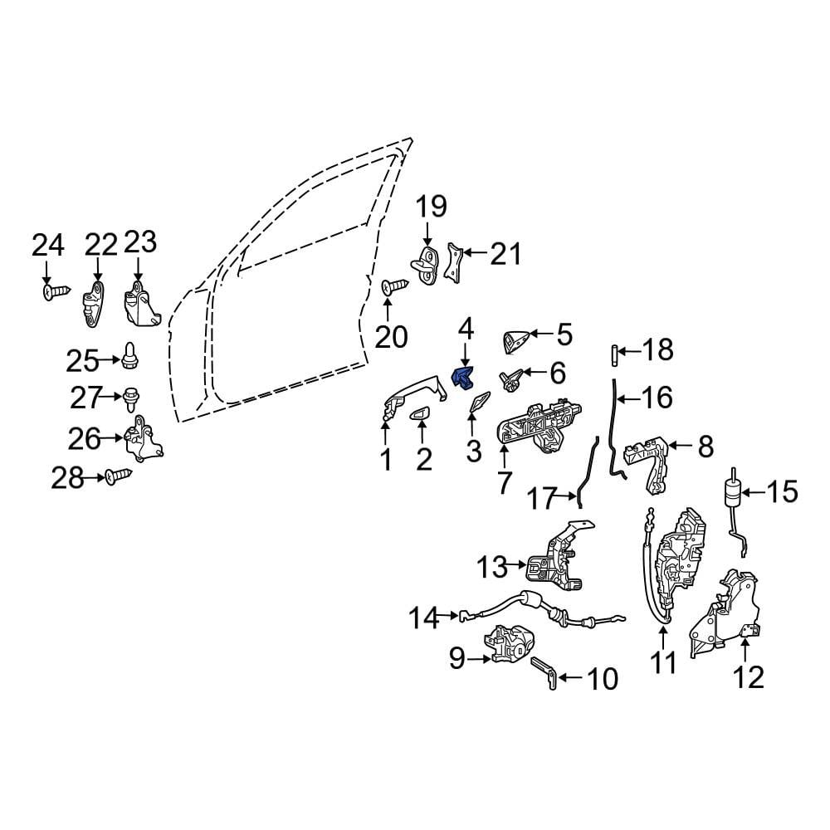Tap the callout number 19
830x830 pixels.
pos(431,207)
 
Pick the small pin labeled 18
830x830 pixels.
pos(613,354)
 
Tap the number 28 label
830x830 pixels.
pos(68,479)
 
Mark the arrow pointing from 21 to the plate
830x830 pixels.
pos(475,253)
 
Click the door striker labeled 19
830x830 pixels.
pos(426,264)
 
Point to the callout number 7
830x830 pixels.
pos(504,483)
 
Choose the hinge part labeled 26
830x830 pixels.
pos(143,437)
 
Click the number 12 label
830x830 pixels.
pos(749,677)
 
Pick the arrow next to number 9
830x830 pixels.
pos(479,659)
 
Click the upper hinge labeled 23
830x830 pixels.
pos(141,304)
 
